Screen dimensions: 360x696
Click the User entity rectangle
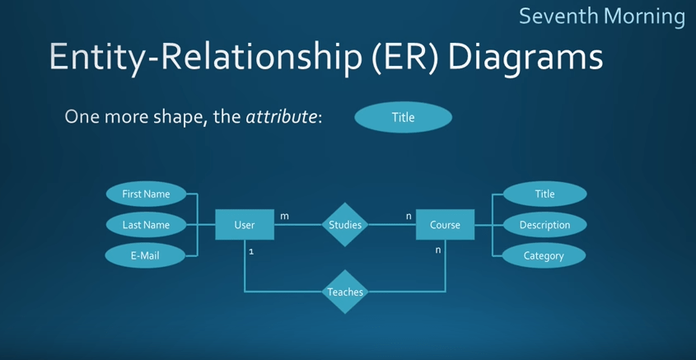[245, 225]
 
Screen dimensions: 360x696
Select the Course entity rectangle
[445, 225]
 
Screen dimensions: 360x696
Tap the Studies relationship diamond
[345, 225]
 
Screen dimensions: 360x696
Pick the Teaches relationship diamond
[345, 292]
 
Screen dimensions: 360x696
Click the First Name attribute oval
[146, 194]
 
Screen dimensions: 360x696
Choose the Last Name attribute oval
[146, 225]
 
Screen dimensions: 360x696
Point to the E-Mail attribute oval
[145, 255]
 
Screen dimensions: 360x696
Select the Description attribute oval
[544, 225]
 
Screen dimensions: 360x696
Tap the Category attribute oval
[544, 255]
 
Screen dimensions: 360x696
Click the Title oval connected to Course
[544, 194]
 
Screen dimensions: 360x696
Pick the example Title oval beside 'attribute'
[403, 117]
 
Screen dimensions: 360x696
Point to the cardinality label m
[284, 216]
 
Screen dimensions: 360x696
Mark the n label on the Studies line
[409, 216]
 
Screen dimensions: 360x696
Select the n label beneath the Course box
[438, 250]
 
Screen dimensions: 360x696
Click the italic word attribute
[281, 117]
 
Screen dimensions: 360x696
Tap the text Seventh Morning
[601, 16]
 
